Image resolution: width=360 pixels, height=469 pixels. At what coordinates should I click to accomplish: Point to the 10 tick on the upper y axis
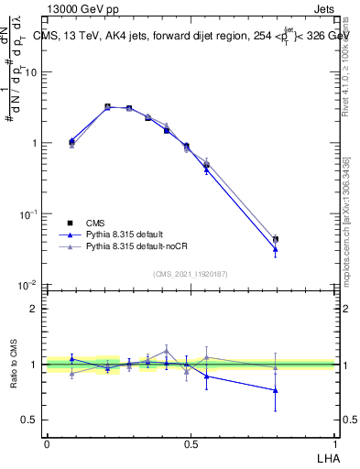(34, 72)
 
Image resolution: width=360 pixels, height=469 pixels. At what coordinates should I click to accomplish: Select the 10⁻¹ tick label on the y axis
(31, 214)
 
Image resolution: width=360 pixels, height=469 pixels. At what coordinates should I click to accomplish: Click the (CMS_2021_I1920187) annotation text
(191, 274)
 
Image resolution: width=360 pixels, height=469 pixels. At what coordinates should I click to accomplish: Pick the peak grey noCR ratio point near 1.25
(167, 350)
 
